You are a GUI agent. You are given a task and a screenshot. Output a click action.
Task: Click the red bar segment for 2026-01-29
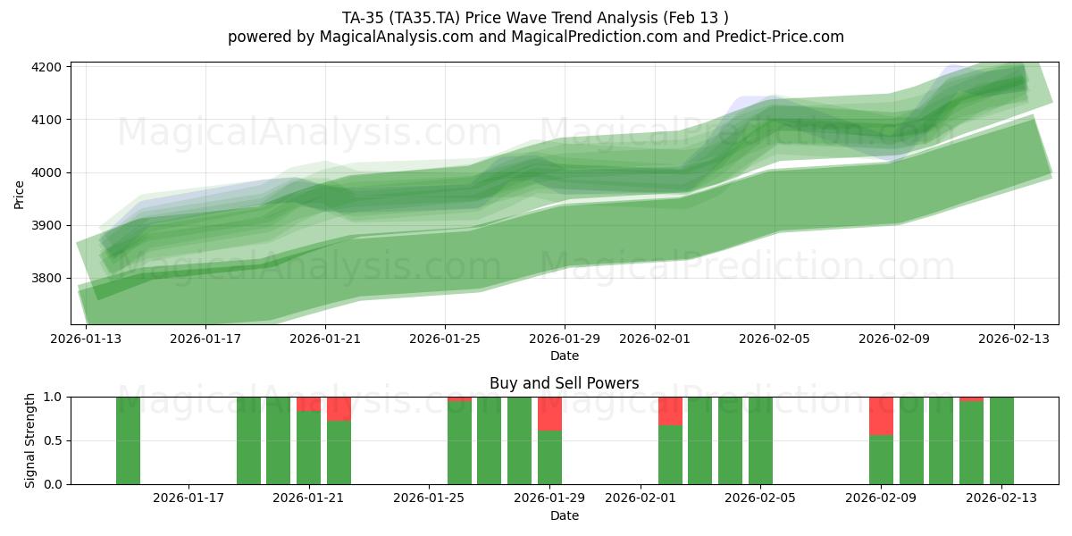coord(549,414)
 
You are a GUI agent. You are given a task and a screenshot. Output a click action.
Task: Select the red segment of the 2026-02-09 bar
coord(881,415)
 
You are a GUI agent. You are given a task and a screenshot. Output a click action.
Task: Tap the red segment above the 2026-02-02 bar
coord(670,411)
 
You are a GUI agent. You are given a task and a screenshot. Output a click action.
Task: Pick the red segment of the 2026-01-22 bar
coord(339,408)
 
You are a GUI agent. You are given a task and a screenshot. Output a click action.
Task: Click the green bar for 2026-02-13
coord(1001,440)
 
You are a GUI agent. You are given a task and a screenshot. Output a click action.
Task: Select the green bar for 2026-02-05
coord(760,440)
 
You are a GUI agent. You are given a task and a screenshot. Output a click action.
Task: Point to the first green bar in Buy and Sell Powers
coord(128,440)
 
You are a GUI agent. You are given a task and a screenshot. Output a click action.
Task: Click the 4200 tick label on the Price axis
coord(46,67)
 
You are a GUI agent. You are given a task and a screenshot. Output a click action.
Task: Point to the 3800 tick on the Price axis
coord(46,279)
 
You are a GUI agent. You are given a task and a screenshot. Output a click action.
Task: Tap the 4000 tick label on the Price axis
coord(46,172)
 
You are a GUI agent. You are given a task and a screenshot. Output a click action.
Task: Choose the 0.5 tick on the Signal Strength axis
coord(54,440)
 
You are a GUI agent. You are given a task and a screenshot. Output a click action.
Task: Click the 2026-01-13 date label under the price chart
coord(86,339)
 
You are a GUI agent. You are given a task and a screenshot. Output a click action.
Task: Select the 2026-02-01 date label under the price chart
coord(655,339)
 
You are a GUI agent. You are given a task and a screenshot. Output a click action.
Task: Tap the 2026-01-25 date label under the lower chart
coord(430,498)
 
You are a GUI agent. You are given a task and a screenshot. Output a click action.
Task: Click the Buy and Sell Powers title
coord(564,383)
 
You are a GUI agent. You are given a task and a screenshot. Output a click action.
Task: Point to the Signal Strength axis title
coord(29,440)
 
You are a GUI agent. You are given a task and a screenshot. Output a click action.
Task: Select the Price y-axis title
coord(20,193)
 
